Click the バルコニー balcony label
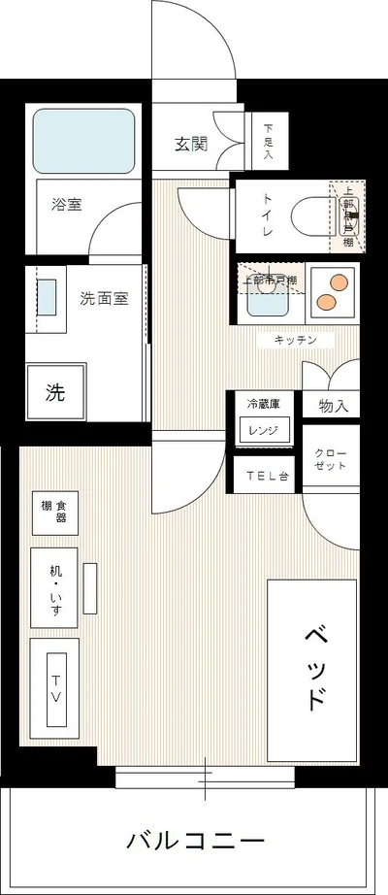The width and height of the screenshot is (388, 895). pyautogui.click(x=195, y=840)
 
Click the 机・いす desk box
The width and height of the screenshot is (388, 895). pyautogui.click(x=53, y=586)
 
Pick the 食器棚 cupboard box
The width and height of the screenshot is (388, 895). pyautogui.click(x=54, y=512)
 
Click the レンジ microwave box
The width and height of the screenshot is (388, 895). pyautogui.click(x=264, y=430)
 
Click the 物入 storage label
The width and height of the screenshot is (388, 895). pyautogui.click(x=332, y=406)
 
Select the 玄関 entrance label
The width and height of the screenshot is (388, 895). pyautogui.click(x=191, y=146)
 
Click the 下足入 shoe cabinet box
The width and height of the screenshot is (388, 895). pyautogui.click(x=269, y=141)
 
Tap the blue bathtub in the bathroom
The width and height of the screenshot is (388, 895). pyautogui.click(x=84, y=142)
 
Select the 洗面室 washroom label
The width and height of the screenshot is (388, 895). pyautogui.click(x=104, y=299)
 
